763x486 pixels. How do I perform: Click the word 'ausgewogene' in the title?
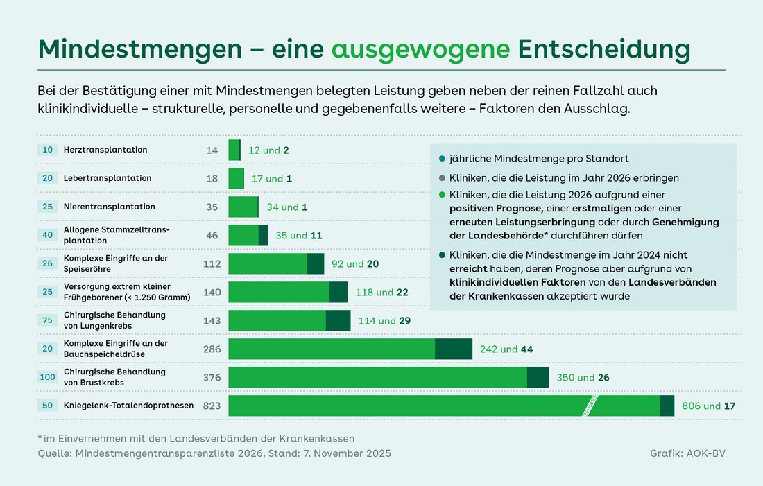(420, 49)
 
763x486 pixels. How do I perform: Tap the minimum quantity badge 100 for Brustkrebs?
(47, 377)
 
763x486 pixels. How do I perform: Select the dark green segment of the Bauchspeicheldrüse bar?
(453, 349)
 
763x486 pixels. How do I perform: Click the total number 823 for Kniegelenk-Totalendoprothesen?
(211, 406)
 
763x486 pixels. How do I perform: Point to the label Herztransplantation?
(105, 150)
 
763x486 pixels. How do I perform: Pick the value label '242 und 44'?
(506, 349)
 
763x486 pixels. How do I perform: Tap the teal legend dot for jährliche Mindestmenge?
(442, 158)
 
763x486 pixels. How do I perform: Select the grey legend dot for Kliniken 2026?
(442, 178)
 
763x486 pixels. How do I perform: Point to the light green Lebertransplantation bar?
(236, 178)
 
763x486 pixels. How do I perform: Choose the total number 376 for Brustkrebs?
(211, 377)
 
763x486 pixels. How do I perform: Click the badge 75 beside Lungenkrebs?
(47, 320)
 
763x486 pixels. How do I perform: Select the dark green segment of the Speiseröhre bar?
(315, 263)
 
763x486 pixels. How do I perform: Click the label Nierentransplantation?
(110, 207)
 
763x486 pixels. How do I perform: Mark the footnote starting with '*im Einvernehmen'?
(196, 438)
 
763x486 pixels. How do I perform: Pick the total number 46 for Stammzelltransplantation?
(212, 235)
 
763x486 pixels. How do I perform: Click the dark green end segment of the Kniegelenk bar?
(667, 406)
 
